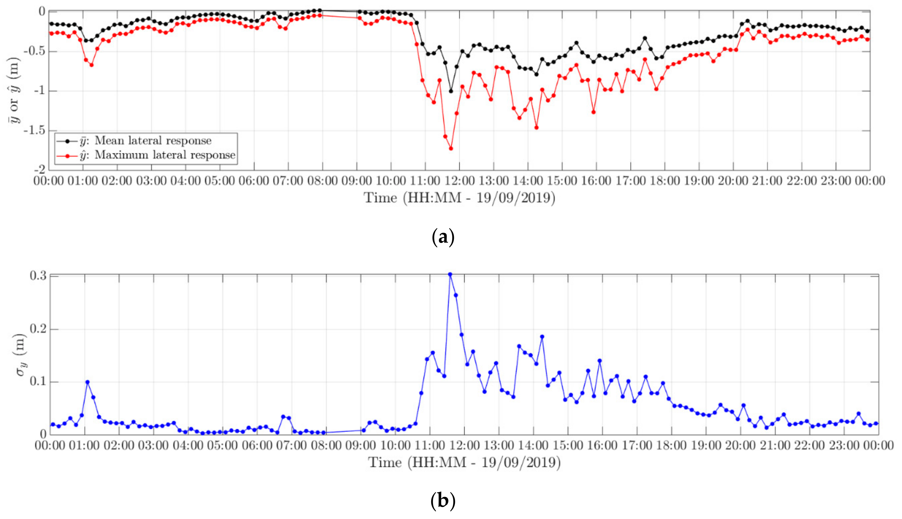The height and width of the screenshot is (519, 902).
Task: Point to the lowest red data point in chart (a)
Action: [451, 148]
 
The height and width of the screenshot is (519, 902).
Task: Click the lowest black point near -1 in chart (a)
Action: [451, 91]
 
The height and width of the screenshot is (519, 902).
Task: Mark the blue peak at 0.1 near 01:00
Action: [87, 382]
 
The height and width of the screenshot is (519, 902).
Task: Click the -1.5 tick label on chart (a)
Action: [35, 131]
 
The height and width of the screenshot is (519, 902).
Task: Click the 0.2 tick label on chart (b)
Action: [39, 329]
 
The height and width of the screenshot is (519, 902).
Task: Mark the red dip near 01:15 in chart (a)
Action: [92, 65]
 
